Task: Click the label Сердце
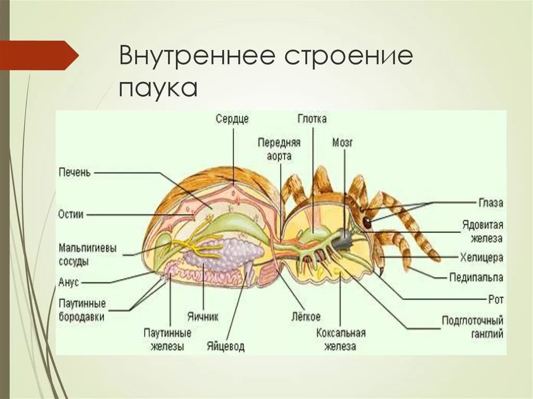pyautogui.click(x=232, y=119)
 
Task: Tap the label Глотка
pyautogui.click(x=312, y=119)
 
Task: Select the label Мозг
pyautogui.click(x=342, y=142)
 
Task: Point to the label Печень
pyautogui.click(x=74, y=172)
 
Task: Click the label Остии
pyautogui.click(x=71, y=214)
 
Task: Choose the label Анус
pyautogui.click(x=69, y=282)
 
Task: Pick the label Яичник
pyautogui.click(x=202, y=316)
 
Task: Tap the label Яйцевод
pyautogui.click(x=225, y=346)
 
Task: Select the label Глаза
pyautogui.click(x=490, y=203)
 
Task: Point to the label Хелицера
pyautogui.click(x=481, y=257)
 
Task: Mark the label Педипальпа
pyautogui.click(x=476, y=277)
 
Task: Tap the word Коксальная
pyautogui.click(x=341, y=333)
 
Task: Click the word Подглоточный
pyautogui.click(x=472, y=320)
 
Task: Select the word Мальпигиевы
pyautogui.click(x=87, y=248)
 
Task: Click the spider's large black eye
pyautogui.click(x=367, y=222)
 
